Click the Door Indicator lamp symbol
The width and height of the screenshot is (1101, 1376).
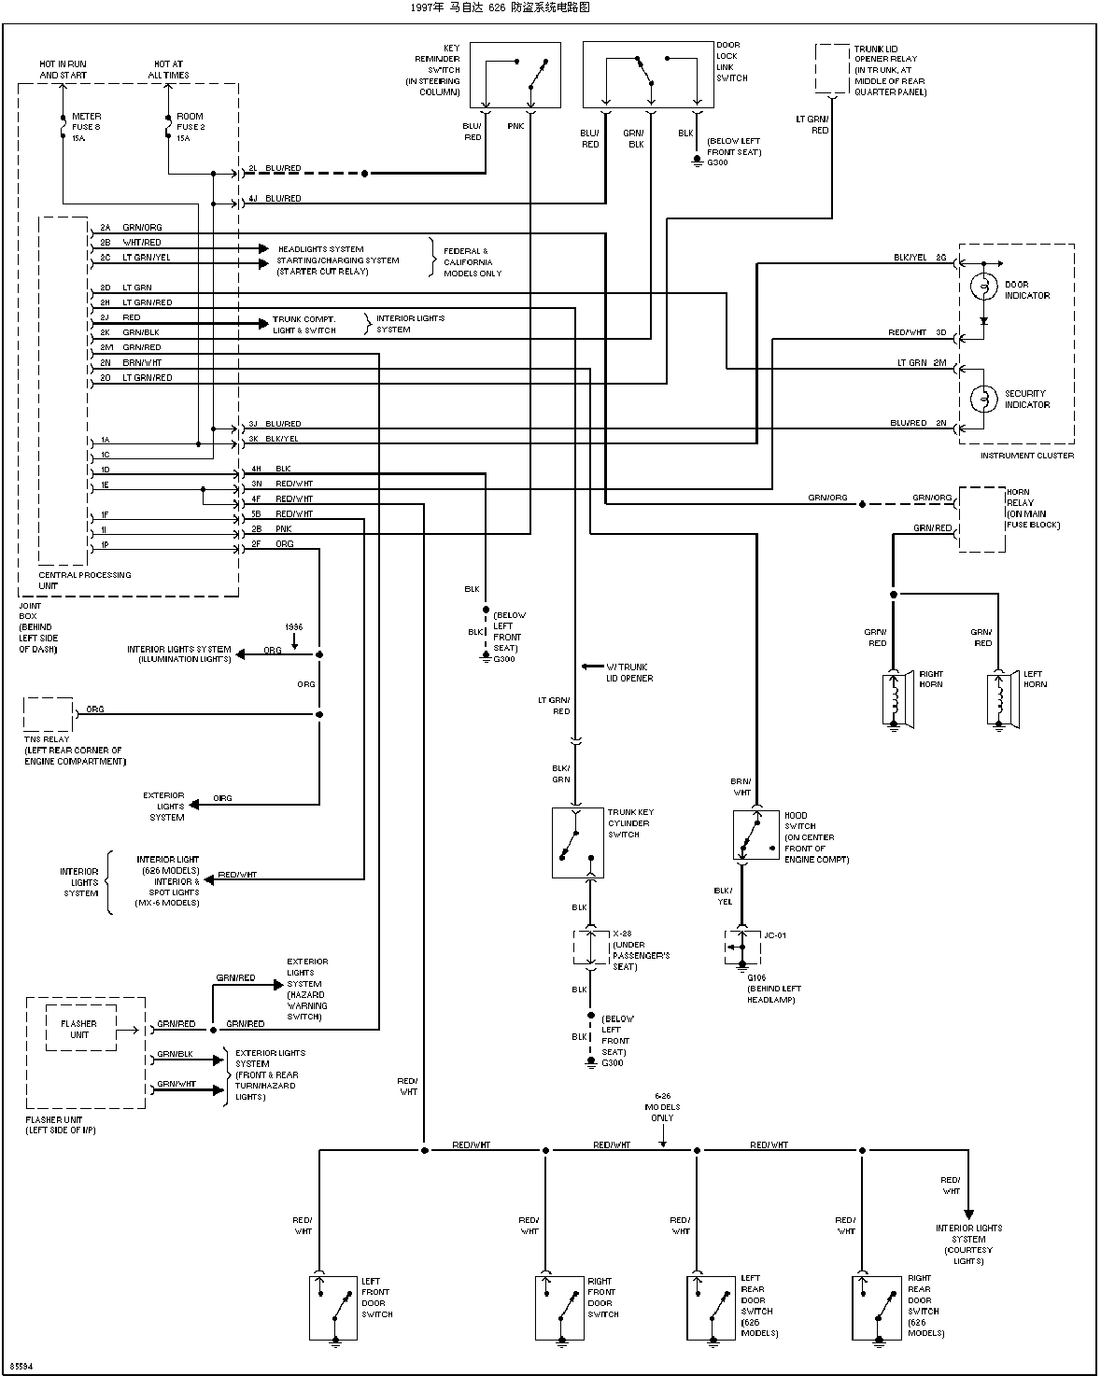[983, 287]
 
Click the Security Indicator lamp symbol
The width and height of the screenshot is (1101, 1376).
[983, 399]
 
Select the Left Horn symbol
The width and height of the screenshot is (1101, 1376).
[1002, 700]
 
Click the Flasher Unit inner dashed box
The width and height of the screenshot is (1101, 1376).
[80, 1028]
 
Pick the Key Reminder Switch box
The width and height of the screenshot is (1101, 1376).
[515, 75]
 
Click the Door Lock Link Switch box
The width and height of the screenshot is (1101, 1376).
[648, 75]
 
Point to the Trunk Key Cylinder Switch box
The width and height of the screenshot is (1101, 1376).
[578, 843]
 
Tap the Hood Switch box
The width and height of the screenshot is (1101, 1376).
[755, 835]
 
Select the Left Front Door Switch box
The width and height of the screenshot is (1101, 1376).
[332, 1309]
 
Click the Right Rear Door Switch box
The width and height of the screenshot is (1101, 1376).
[876, 1309]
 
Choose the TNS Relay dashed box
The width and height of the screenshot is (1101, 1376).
[48, 714]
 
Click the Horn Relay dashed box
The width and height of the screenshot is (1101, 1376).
[982, 519]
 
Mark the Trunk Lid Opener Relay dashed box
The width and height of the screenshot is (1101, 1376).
[832, 68]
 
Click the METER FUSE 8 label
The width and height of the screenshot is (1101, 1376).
[86, 121]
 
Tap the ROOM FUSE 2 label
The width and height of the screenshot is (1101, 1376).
[191, 121]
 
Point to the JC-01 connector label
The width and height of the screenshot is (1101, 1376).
[775, 935]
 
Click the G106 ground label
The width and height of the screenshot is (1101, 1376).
[756, 977]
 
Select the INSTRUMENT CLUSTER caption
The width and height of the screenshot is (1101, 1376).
[1027, 456]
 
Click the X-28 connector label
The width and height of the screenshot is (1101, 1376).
[622, 934]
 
